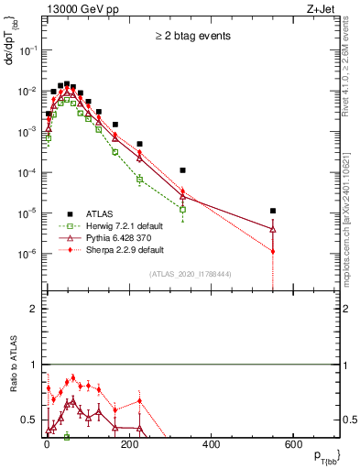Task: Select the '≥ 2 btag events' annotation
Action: [x=191, y=36]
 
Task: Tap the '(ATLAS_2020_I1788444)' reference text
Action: [x=190, y=274]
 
